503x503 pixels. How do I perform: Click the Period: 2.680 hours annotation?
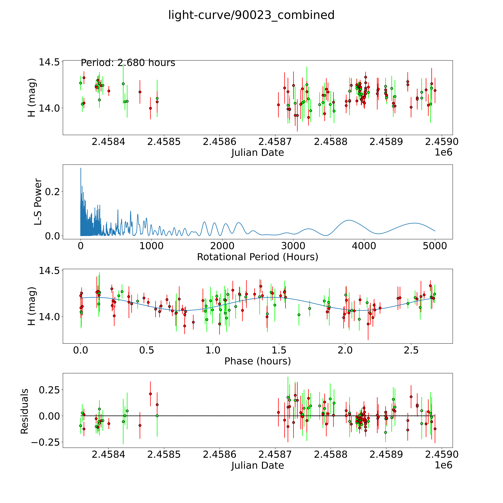[128, 63]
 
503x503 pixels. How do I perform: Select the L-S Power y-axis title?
[38, 202]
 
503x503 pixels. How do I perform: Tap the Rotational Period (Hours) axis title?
[257, 257]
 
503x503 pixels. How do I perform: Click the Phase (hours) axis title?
[257, 361]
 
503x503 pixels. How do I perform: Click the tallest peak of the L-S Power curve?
[81, 168]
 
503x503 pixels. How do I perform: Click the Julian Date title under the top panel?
[257, 153]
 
